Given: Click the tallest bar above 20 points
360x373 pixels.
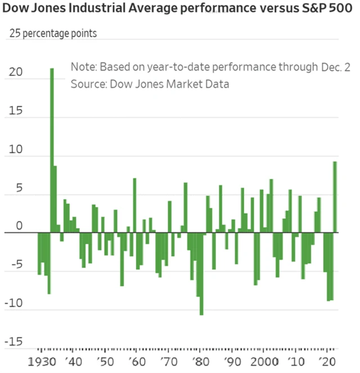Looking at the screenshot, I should (x=52, y=150).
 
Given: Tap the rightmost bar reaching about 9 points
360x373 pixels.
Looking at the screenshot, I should (x=335, y=197).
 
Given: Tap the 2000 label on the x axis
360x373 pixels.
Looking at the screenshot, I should (x=264, y=360).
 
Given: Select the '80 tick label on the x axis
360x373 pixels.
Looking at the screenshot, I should (x=198, y=360).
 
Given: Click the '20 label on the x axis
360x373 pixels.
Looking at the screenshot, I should (x=327, y=360).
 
